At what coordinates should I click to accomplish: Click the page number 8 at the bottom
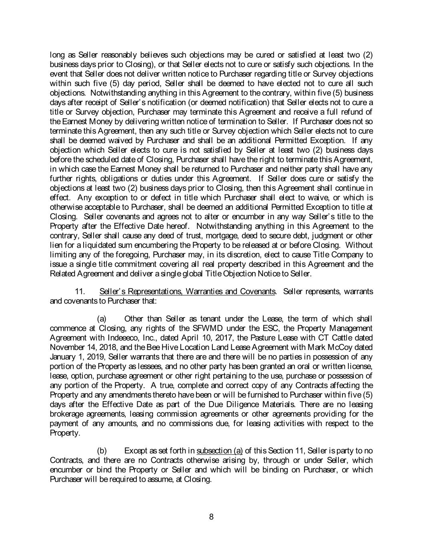(x=211, y=517)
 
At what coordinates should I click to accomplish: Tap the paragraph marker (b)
(x=102, y=451)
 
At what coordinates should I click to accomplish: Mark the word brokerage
(x=66, y=414)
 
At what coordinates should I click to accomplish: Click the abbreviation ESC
(x=260, y=328)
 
